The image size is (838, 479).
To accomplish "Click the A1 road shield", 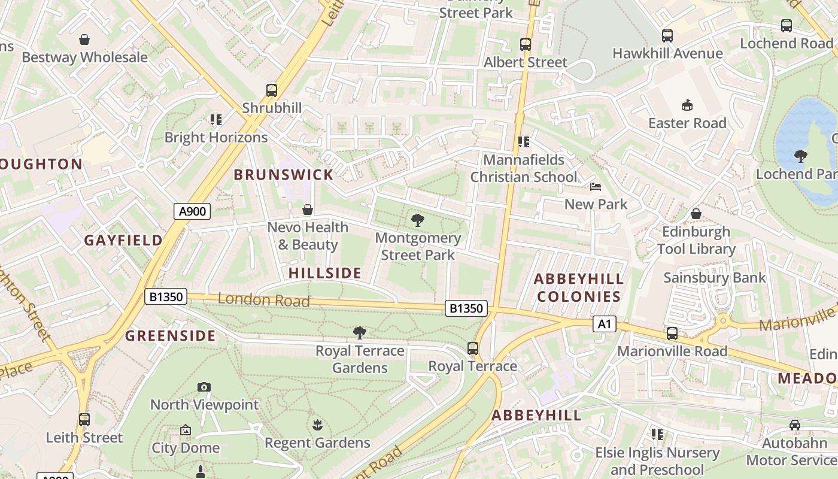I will click(604, 324).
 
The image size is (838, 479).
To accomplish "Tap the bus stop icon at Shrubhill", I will click(272, 90).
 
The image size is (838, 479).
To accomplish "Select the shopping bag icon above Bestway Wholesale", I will click(84, 40).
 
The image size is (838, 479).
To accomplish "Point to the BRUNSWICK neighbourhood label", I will click(283, 175).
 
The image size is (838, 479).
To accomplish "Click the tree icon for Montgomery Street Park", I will click(418, 220).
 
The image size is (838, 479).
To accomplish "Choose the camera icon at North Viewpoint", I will click(204, 387).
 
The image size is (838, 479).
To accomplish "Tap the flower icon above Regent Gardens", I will click(317, 425).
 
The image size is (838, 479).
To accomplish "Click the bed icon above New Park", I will click(596, 187).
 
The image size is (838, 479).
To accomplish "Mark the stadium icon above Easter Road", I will click(687, 105).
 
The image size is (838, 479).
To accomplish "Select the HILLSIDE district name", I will click(325, 273).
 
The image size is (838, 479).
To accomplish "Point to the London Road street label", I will click(263, 299).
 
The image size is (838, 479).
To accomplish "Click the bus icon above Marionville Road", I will click(672, 334).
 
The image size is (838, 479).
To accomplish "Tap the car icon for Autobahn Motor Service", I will click(795, 425).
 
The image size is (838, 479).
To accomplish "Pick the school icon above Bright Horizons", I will click(215, 120).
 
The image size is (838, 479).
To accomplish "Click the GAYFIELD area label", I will click(123, 240).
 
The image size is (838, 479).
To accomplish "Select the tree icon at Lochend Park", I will click(801, 156).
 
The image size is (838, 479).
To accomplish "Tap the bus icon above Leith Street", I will click(84, 420).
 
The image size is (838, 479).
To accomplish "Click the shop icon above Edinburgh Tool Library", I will click(696, 214).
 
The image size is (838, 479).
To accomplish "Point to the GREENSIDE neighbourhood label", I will click(170, 335).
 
